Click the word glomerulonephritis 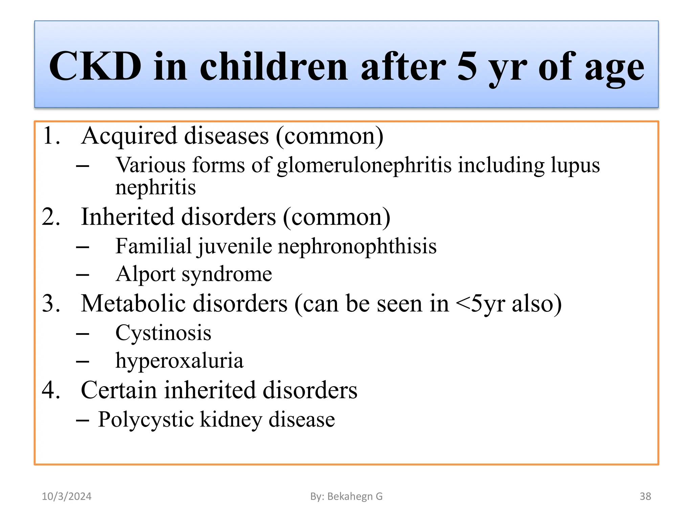click(364, 166)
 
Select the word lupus click(575, 166)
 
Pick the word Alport click(145, 274)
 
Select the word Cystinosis click(163, 333)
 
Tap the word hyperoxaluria click(179, 361)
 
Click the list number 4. click(51, 390)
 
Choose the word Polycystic click(146, 420)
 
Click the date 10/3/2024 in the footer click(67, 496)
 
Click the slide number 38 click(645, 496)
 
